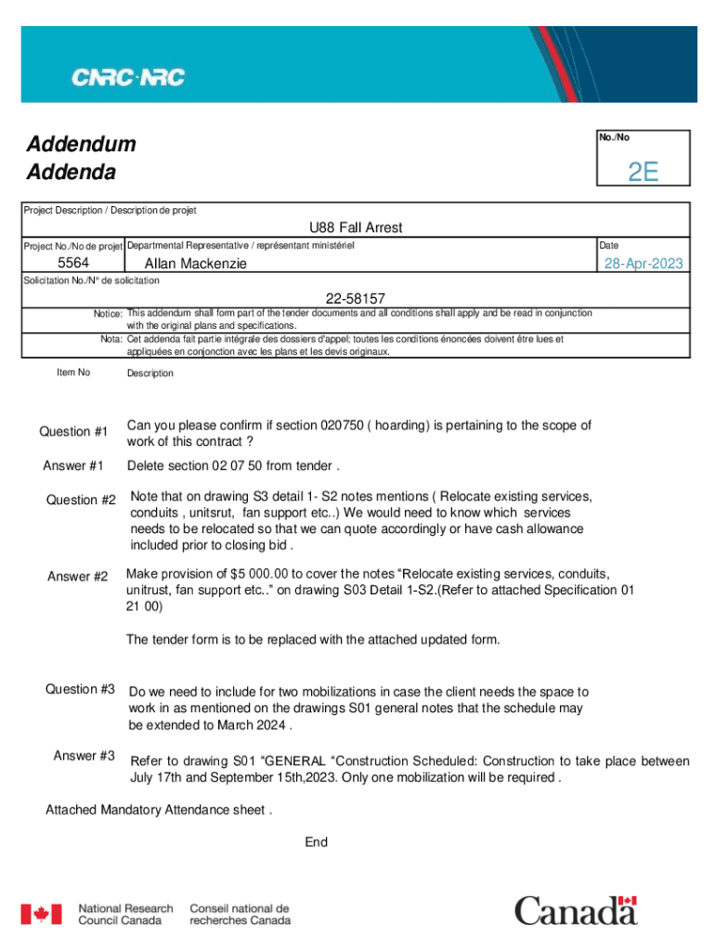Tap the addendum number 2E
coord(643,172)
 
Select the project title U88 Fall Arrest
coord(356,228)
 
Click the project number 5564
coord(73,264)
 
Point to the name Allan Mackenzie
coord(196,264)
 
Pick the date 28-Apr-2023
coord(643,264)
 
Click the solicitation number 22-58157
coord(356,298)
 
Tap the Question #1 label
coord(73,432)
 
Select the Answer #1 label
coord(73,465)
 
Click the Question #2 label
coord(81,501)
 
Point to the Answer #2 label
coord(78,577)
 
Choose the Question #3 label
coord(80,689)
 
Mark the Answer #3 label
coord(84,756)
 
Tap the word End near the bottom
coord(317,842)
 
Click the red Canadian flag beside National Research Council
coord(42,915)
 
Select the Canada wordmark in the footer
coord(576,910)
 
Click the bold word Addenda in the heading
coord(71,173)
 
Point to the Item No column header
coord(73,372)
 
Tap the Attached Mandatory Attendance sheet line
coord(159,810)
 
